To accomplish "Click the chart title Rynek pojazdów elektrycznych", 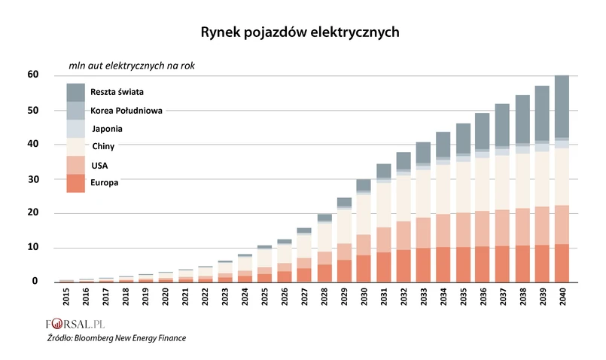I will [x=300, y=32].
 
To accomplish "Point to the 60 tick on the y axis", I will [x=33, y=75].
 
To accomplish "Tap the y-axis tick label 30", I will [x=33, y=179].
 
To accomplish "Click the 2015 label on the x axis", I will [x=67, y=296].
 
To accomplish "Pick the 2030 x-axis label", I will [x=363, y=296].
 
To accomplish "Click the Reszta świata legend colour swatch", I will [x=75, y=92].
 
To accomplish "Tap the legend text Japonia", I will [x=107, y=129].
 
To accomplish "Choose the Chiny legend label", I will [x=104, y=146].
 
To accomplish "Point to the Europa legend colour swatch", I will [x=75, y=183].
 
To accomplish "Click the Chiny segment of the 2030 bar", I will [x=363, y=215].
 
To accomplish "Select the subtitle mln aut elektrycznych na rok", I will [x=132, y=66].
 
